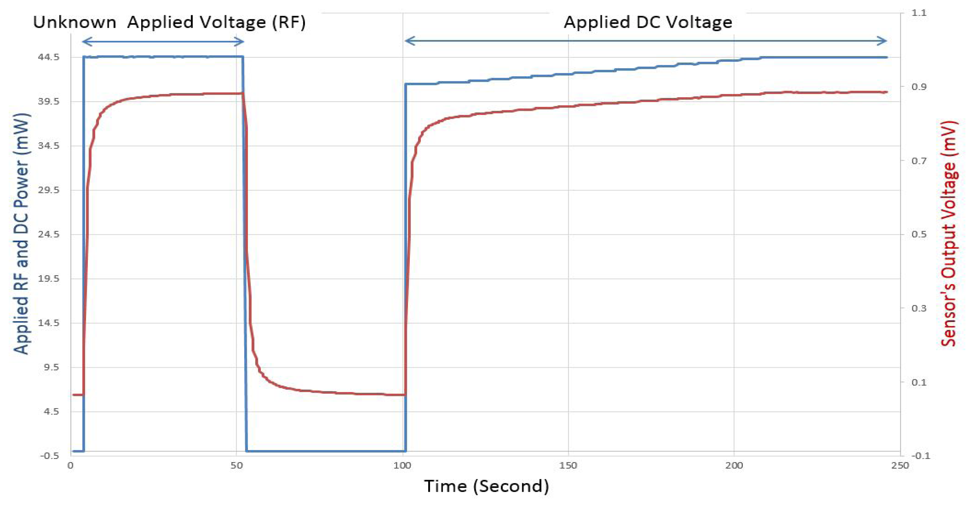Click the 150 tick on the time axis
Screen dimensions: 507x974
[x=568, y=465]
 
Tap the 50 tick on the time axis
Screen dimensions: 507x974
[x=237, y=465]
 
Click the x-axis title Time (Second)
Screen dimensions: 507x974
[x=486, y=486]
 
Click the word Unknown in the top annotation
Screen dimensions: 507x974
[x=75, y=22]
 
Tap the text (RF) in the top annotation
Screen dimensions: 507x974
[x=289, y=22]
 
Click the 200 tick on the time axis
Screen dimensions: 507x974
[x=734, y=465]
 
